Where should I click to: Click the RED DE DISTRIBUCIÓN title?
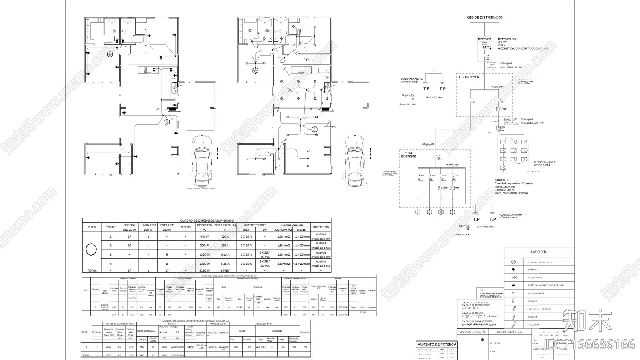pyautogui.click(x=484, y=18)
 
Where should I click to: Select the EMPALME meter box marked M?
pyautogui.click(x=484, y=48)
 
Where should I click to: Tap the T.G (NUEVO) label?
pyautogui.click(x=468, y=77)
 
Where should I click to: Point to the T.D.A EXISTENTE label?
pyautogui.click(x=408, y=155)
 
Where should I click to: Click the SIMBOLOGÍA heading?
pyautogui.click(x=539, y=252)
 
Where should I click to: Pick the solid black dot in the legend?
pyautogui.click(x=514, y=270)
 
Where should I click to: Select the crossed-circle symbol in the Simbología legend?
pyautogui.click(x=514, y=262)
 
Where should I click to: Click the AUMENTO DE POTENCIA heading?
pyautogui.click(x=437, y=344)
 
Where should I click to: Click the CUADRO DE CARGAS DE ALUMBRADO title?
pyautogui.click(x=207, y=220)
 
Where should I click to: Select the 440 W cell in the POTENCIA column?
pyautogui.click(x=204, y=236)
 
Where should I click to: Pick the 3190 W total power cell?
pyautogui.click(x=204, y=270)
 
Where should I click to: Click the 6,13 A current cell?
pyautogui.click(x=225, y=254)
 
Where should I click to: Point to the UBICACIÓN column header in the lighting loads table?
pyautogui.click(x=321, y=227)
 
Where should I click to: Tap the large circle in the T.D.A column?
pyautogui.click(x=91, y=250)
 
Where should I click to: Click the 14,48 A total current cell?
pyautogui.click(x=225, y=270)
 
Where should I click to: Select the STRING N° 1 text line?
pyautogui.click(x=502, y=180)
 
